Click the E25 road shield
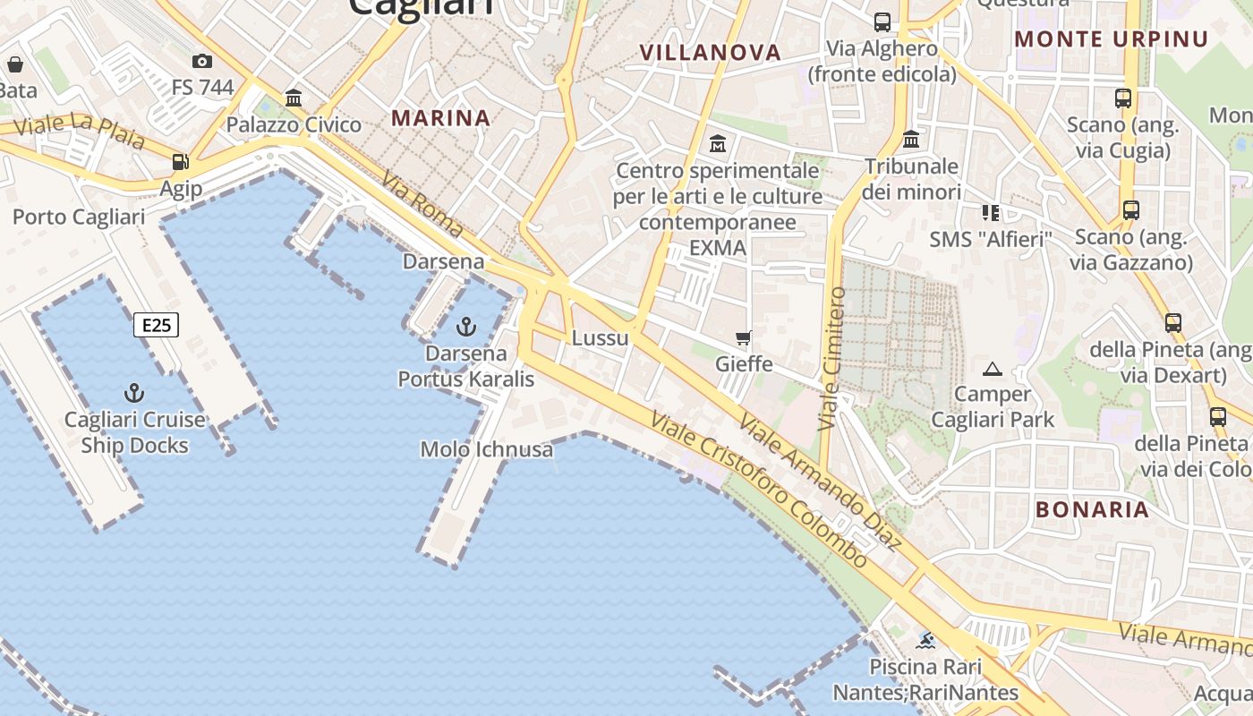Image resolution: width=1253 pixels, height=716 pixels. (x=157, y=324)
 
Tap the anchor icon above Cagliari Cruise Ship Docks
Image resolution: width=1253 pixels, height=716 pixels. (x=134, y=393)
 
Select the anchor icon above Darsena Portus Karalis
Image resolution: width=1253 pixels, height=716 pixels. (x=465, y=327)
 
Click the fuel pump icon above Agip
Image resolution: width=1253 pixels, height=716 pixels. (x=181, y=162)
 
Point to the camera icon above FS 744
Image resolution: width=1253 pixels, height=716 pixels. (x=202, y=61)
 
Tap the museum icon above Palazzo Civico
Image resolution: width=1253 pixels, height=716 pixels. (x=294, y=98)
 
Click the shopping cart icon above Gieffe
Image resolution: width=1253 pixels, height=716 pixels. (x=743, y=337)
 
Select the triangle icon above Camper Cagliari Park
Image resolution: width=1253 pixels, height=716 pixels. (x=992, y=369)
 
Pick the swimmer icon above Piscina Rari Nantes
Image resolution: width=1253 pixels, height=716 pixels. (x=925, y=640)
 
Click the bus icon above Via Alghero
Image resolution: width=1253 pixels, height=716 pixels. (x=882, y=21)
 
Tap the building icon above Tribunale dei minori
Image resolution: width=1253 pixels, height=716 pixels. (x=911, y=140)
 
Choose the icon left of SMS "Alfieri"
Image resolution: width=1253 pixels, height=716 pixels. (x=990, y=212)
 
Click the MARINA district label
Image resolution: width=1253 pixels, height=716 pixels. (x=441, y=118)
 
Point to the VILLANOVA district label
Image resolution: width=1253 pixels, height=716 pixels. (x=711, y=53)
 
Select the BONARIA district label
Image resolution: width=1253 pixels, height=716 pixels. (x=1092, y=509)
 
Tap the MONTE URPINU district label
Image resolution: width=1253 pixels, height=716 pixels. (x=1112, y=39)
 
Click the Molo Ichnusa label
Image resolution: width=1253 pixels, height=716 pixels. (x=487, y=449)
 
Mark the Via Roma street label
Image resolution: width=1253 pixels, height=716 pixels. (x=422, y=205)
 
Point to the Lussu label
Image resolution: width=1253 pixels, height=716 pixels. (x=601, y=338)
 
